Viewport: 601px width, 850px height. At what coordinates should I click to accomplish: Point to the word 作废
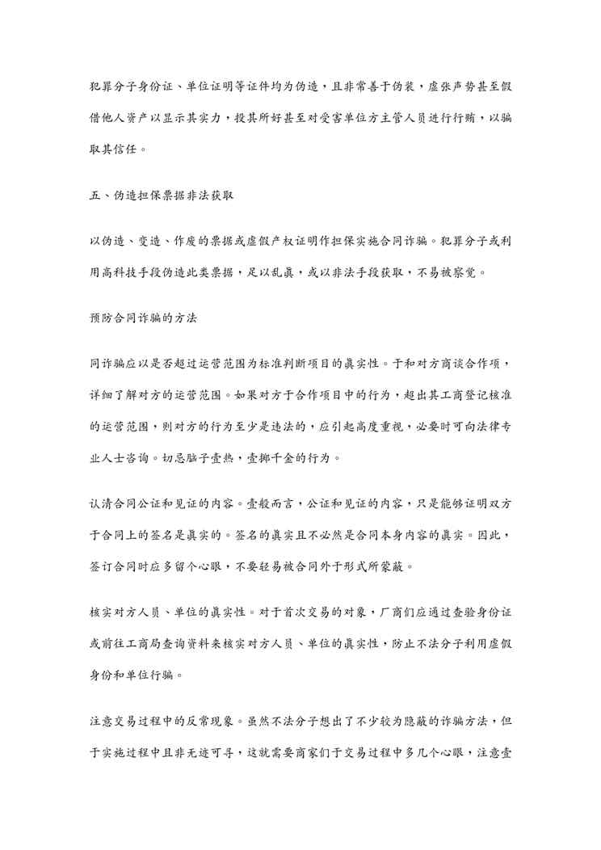[x=191, y=241]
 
